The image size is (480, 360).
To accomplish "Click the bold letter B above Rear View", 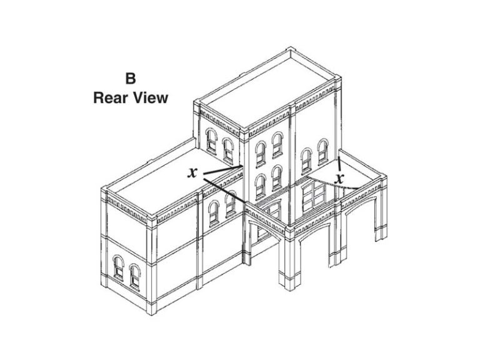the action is [x=131, y=78].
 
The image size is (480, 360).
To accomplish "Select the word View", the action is [x=150, y=98].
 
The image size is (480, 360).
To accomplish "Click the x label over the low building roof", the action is [x=192, y=172].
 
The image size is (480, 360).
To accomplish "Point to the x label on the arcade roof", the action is [x=339, y=179].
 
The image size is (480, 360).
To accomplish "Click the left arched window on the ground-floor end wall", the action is [x=118, y=267].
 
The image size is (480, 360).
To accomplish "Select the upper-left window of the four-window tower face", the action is [x=261, y=154].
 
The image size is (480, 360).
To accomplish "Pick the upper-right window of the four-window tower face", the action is [x=277, y=145].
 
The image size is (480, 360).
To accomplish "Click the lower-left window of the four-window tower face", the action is [x=260, y=186].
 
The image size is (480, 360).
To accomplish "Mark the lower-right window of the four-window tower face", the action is [x=277, y=177].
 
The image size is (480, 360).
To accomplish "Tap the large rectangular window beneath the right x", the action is [x=314, y=196].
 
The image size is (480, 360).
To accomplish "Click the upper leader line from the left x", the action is [x=223, y=170].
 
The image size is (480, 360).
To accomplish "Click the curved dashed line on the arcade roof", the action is [x=334, y=183].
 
